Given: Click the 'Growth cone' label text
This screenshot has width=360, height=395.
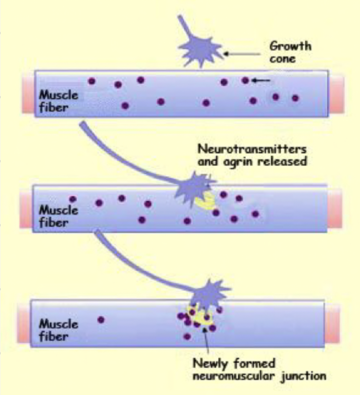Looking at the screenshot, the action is click(290, 52).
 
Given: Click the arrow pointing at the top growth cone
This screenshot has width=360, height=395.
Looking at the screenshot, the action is click(242, 53).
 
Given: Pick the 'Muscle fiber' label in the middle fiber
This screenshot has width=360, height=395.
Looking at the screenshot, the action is click(58, 216).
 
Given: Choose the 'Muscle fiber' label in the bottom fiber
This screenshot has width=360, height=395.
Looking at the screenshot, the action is click(58, 330).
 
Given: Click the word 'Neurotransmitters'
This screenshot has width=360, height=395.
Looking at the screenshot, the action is click(252, 149).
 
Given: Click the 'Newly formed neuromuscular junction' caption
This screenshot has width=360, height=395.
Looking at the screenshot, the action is click(259, 370).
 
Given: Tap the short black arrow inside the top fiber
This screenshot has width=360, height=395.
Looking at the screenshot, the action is click(261, 81).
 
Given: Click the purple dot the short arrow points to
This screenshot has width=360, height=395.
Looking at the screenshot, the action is click(245, 80).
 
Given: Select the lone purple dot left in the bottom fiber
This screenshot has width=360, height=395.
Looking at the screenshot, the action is click(101, 319).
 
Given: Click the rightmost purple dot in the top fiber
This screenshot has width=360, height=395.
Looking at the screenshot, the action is click(295, 98).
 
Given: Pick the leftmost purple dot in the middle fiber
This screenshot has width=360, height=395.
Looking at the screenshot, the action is click(73, 199).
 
